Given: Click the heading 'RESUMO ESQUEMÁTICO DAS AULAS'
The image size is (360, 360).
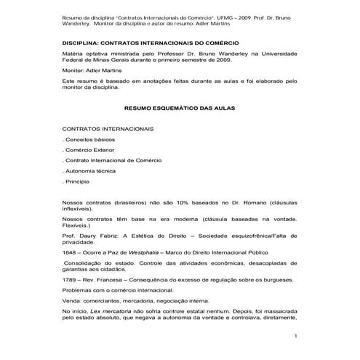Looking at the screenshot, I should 179,107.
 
